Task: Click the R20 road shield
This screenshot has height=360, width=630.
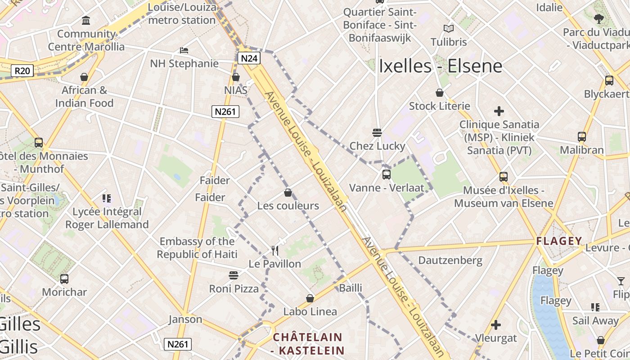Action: click(22, 71)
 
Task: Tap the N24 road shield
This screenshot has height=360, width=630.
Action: click(249, 58)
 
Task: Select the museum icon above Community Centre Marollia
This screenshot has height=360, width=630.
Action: click(86, 20)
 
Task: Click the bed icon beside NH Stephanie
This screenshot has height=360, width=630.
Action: click(184, 50)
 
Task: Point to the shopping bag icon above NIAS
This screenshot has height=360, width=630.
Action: click(235, 77)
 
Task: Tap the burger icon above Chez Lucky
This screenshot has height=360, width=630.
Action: click(377, 133)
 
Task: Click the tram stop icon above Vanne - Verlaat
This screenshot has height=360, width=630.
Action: click(386, 175)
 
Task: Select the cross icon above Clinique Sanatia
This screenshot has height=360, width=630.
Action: click(499, 111)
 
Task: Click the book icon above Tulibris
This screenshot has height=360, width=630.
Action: click(448, 29)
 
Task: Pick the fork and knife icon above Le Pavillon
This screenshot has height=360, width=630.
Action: click(275, 250)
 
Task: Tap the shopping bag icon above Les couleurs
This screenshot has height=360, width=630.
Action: click(288, 193)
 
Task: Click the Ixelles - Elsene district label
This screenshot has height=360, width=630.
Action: click(441, 66)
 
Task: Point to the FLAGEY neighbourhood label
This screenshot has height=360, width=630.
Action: click(559, 241)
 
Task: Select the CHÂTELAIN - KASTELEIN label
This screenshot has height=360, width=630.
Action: click(308, 344)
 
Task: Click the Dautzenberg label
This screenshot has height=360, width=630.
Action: click(450, 260)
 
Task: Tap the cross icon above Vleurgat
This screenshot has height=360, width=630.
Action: click(495, 324)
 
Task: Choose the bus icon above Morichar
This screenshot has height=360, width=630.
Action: click(64, 279)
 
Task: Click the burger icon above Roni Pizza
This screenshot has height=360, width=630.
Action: click(234, 275)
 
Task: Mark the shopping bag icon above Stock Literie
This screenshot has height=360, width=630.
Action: click(440, 93)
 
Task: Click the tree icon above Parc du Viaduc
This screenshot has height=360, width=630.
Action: click(598, 18)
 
